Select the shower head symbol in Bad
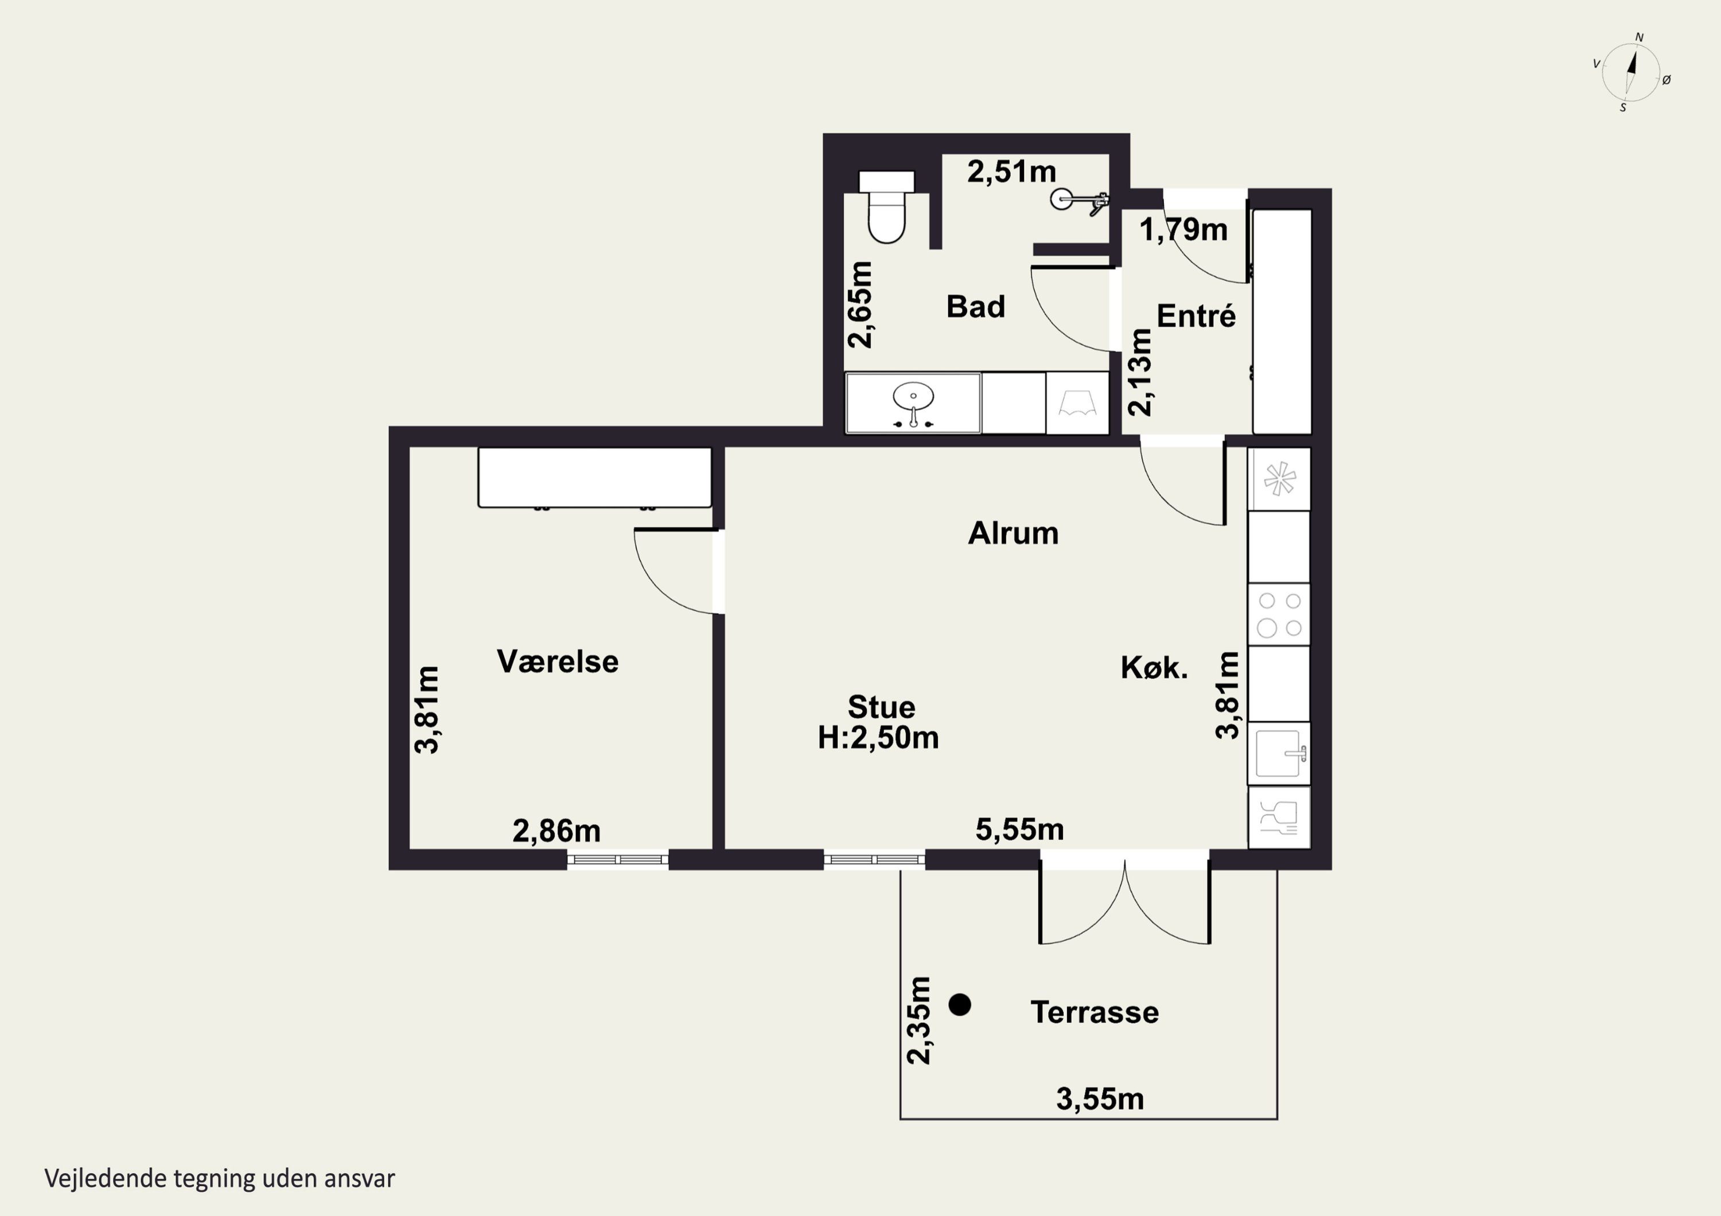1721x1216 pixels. (1080, 200)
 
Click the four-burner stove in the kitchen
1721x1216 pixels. (1279, 615)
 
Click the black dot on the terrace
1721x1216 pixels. (959, 1004)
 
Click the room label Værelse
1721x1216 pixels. (558, 662)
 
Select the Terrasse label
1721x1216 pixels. (1095, 1012)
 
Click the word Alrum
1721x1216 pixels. (1014, 533)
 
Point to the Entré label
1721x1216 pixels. (1196, 315)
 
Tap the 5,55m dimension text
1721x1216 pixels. (1019, 830)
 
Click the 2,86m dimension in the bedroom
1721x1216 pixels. (556, 831)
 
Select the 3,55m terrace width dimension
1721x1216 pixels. (1100, 1099)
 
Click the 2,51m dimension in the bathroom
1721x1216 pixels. (1011, 171)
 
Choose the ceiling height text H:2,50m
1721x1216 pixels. (878, 738)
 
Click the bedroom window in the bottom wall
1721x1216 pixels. (618, 859)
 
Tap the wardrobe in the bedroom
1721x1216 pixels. (594, 477)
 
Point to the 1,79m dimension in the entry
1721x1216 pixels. (1183, 230)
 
